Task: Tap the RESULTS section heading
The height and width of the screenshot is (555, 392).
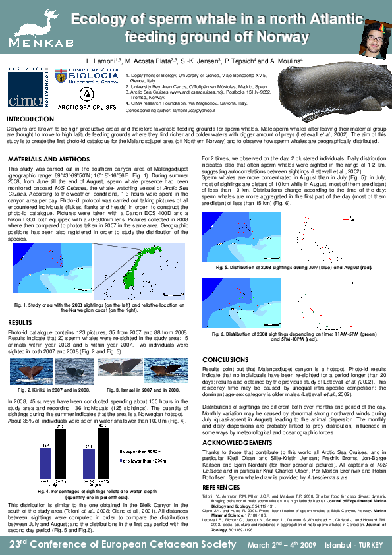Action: point(20,322)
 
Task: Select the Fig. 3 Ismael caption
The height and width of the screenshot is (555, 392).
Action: point(143,391)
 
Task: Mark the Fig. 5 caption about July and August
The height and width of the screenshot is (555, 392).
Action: point(294,267)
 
